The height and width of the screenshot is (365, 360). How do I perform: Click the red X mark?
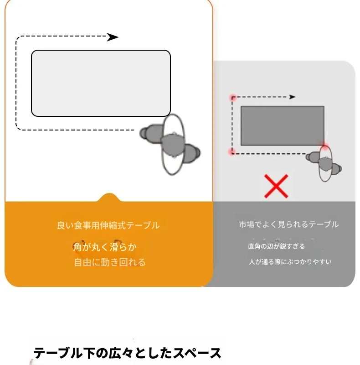pos(276,186)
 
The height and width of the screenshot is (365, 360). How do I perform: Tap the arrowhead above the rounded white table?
pos(113,37)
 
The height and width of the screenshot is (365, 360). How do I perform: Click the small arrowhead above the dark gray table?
pos(292,97)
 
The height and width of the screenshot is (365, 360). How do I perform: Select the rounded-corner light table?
pos(101,83)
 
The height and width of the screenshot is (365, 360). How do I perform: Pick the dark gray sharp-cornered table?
pos(283,126)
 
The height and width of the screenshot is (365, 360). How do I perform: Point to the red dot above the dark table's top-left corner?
pos(233,98)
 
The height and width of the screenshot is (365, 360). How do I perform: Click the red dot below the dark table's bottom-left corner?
pos(232,152)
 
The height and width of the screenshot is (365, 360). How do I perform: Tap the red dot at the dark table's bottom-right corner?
pos(324,146)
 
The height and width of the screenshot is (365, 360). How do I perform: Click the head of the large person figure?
pos(173,145)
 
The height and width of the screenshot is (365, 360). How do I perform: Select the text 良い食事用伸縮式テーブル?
pos(108,225)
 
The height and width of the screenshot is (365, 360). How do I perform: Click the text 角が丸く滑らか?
pos(105,247)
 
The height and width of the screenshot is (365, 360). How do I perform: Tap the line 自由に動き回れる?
pos(110,262)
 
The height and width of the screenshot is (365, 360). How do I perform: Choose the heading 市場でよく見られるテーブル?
pos(288,224)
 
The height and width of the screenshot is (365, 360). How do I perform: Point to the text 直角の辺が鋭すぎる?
pos(276,246)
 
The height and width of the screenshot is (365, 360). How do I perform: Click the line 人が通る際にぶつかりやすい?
pos(290,262)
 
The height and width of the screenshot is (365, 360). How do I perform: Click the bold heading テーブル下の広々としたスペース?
pos(127,353)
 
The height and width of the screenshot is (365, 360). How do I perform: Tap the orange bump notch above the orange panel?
pos(109,198)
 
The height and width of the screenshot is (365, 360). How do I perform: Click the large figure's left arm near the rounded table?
pos(151,133)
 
